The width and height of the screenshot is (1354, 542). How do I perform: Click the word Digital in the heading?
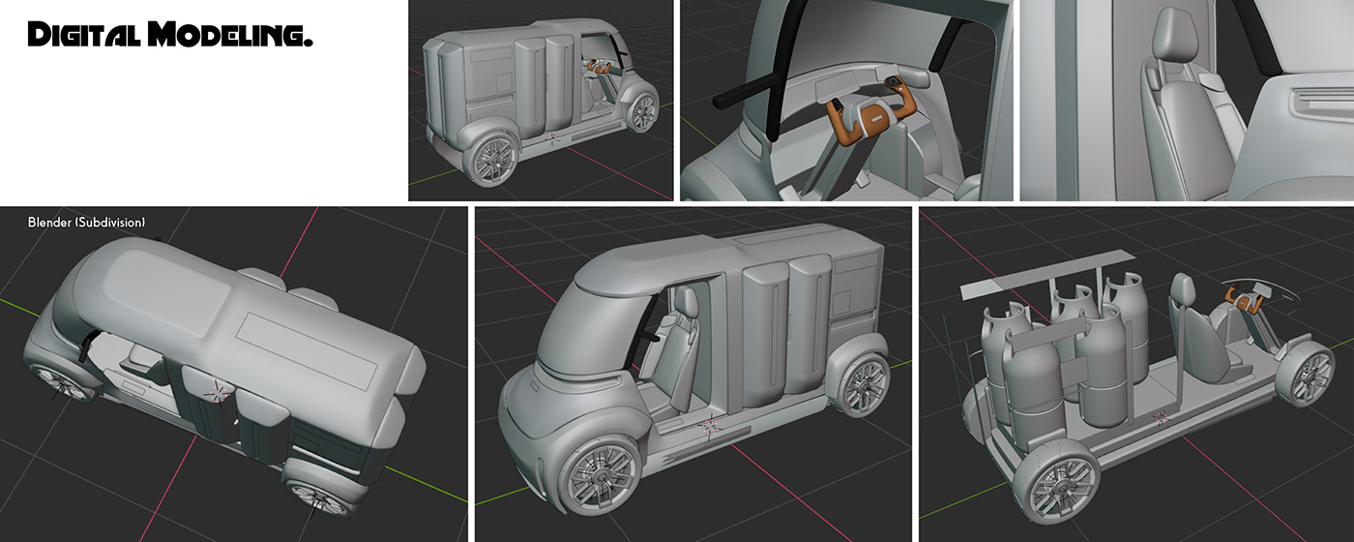pos(84,36)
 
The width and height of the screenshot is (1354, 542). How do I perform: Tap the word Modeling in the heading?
pos(228,36)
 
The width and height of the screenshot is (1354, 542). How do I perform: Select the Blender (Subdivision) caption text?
pos(87,223)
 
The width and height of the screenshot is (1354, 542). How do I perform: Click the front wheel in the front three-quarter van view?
pos(600,474)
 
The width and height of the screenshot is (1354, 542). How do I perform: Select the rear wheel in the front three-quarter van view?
pos(862,383)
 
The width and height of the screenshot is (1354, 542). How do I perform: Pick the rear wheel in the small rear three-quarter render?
pos(493,154)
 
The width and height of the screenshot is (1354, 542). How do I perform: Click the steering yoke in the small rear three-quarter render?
pos(597,68)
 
